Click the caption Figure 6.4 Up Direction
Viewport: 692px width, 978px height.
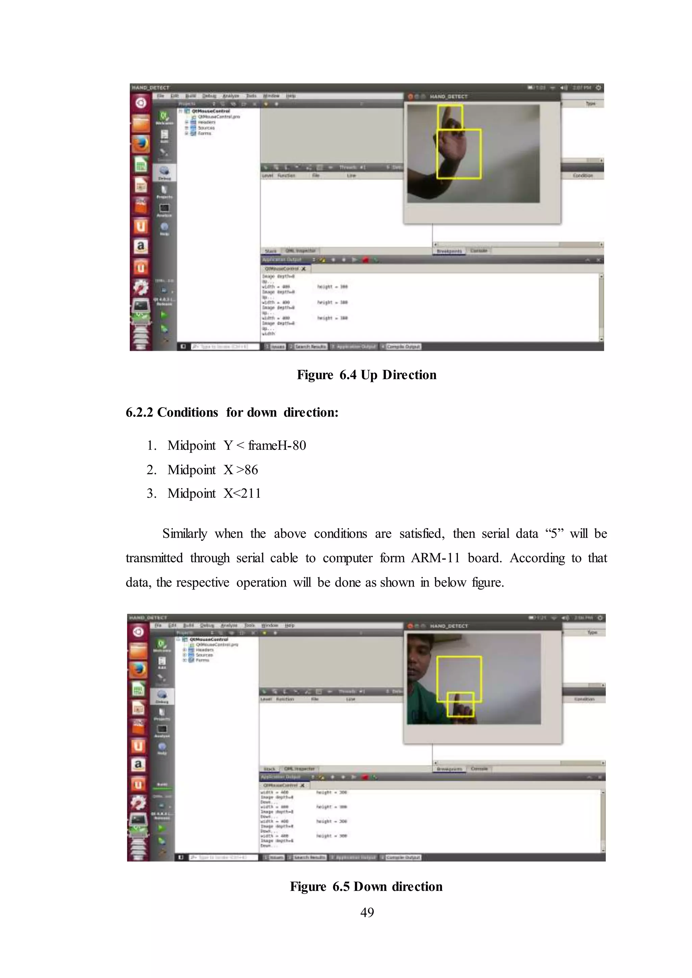pyautogui.click(x=367, y=375)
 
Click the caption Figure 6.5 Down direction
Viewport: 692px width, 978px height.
pyautogui.click(x=366, y=886)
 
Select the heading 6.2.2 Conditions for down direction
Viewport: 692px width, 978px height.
pyautogui.click(x=232, y=412)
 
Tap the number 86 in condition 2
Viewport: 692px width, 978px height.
pyautogui.click(x=251, y=470)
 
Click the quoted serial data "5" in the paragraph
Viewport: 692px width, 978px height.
pyautogui.click(x=554, y=534)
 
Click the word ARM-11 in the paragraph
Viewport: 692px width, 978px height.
pyautogui.click(x=435, y=558)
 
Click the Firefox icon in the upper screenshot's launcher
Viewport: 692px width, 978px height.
pyautogui.click(x=141, y=144)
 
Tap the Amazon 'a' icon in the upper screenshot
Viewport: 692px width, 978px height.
pyautogui.click(x=141, y=246)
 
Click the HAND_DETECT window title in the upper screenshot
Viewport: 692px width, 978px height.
pyautogui.click(x=448, y=97)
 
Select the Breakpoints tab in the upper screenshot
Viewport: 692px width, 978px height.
pyautogui.click(x=449, y=251)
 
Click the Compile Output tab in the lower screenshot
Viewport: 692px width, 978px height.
pyautogui.click(x=403, y=857)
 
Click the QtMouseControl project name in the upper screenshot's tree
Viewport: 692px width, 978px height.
pyautogui.click(x=211, y=111)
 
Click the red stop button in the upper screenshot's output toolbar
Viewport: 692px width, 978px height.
pyautogui.click(x=365, y=260)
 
